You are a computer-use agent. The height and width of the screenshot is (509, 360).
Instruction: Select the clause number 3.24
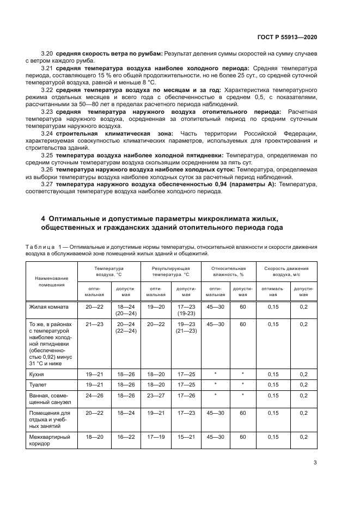click(48, 133)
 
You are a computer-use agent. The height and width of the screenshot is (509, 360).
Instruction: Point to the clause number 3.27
click(48, 184)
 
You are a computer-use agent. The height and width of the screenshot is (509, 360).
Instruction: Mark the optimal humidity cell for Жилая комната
click(215, 307)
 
